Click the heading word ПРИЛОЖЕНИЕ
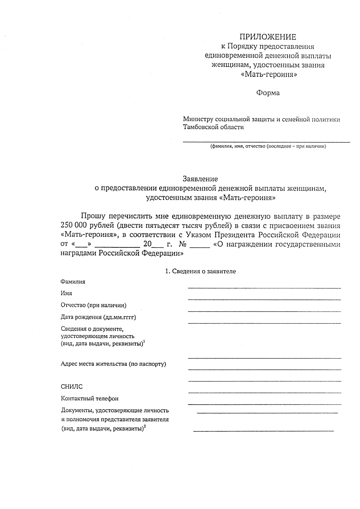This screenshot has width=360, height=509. tap(267, 37)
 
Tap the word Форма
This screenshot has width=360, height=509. tap(268, 93)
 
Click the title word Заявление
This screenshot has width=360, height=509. tap(200, 179)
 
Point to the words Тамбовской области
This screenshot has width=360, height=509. tap(213, 127)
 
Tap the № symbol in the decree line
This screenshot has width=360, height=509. tap(183, 244)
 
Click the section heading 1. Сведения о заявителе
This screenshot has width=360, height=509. tap(200, 271)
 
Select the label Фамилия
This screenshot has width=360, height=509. tap(73, 282)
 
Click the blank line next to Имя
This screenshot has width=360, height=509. tap(264, 299)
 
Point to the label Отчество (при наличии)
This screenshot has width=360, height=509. tap(93, 305)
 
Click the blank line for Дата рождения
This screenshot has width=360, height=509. tap(264, 323)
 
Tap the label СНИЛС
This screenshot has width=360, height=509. tap(71, 387)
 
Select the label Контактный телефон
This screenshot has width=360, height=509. tap(89, 399)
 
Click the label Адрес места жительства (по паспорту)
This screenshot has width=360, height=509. tap(113, 364)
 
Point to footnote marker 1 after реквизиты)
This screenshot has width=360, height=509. tap(144, 342)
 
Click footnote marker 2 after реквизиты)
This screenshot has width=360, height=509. tap(144, 427)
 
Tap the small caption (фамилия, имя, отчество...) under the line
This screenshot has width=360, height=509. tap(268, 146)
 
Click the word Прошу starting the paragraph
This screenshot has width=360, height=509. tap(93, 216)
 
